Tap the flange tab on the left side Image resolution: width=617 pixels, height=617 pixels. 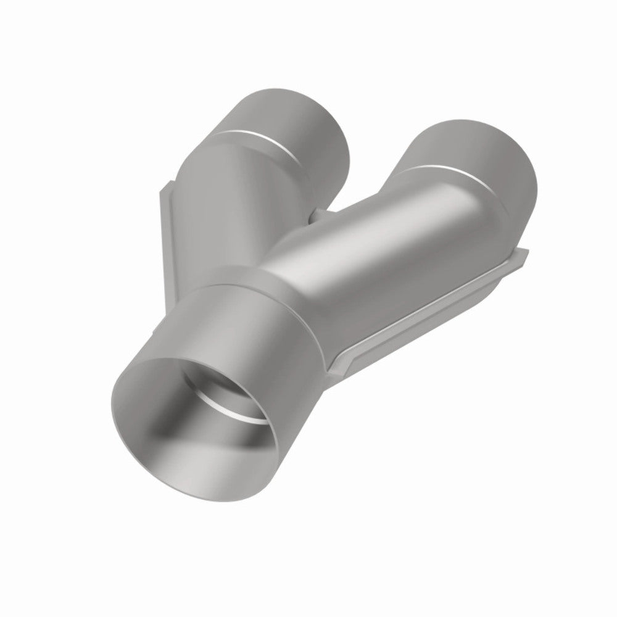point(164,204)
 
